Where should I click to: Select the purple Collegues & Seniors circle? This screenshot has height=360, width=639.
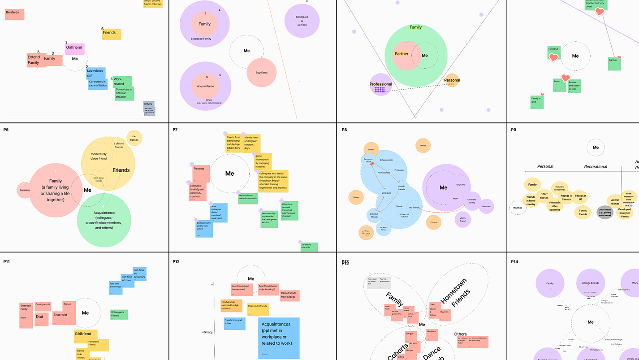(x=302, y=22)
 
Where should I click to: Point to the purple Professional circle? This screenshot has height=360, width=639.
(x=380, y=84)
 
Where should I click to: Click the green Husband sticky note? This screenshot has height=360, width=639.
(x=554, y=53)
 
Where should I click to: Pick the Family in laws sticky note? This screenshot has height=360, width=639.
(x=537, y=101)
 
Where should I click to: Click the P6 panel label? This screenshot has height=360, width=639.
(x=6, y=130)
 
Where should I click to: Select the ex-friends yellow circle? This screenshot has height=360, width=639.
(x=134, y=138)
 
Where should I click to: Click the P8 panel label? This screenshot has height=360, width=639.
(x=344, y=130)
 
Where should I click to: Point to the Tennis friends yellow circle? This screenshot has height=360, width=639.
(x=583, y=212)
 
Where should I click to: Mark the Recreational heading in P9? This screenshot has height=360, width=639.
(x=595, y=167)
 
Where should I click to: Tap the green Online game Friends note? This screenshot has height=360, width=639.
(x=119, y=314)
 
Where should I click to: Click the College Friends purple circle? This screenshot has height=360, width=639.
(x=591, y=283)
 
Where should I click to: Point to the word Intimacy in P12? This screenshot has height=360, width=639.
(x=207, y=332)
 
